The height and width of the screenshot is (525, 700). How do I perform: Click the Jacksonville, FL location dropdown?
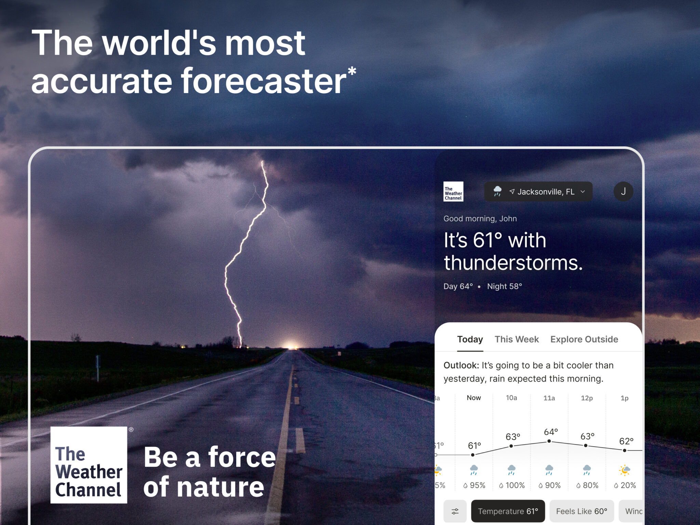tap(538, 192)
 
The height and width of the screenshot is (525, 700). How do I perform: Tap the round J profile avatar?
tap(623, 192)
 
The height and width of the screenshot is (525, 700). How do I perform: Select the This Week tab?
tap(516, 339)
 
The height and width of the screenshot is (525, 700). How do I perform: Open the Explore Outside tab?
tap(584, 339)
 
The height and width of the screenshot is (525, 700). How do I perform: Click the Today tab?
tap(470, 339)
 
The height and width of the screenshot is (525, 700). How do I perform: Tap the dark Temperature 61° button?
tap(508, 511)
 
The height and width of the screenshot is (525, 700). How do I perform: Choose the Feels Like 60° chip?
tap(581, 511)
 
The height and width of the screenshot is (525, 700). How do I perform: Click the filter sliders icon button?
tap(455, 511)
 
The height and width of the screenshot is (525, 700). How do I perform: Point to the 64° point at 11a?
tap(549, 441)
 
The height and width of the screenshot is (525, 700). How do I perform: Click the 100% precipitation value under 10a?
tap(512, 485)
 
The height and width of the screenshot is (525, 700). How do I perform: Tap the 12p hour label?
tap(587, 398)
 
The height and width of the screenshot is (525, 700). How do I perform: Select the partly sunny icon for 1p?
tap(624, 470)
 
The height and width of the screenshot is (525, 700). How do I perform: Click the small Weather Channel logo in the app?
tap(453, 192)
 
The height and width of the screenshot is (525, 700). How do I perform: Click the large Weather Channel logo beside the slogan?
tap(89, 465)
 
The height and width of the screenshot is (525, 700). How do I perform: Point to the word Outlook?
tap(461, 365)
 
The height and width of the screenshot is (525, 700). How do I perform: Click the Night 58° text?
tap(504, 286)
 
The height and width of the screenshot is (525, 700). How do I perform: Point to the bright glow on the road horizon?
tap(291, 345)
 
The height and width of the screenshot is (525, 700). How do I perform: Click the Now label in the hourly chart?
tap(474, 398)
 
